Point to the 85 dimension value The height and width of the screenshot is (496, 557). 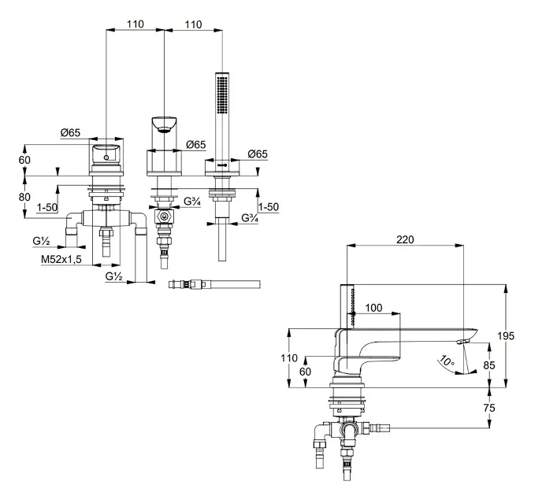(x=488, y=365)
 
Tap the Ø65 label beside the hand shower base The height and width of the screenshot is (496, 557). (x=257, y=154)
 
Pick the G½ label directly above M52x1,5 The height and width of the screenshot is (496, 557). (x=42, y=241)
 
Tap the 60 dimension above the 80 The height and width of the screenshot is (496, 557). (x=24, y=160)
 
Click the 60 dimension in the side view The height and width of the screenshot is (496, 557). (x=306, y=371)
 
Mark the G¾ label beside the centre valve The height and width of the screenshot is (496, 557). (x=191, y=202)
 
